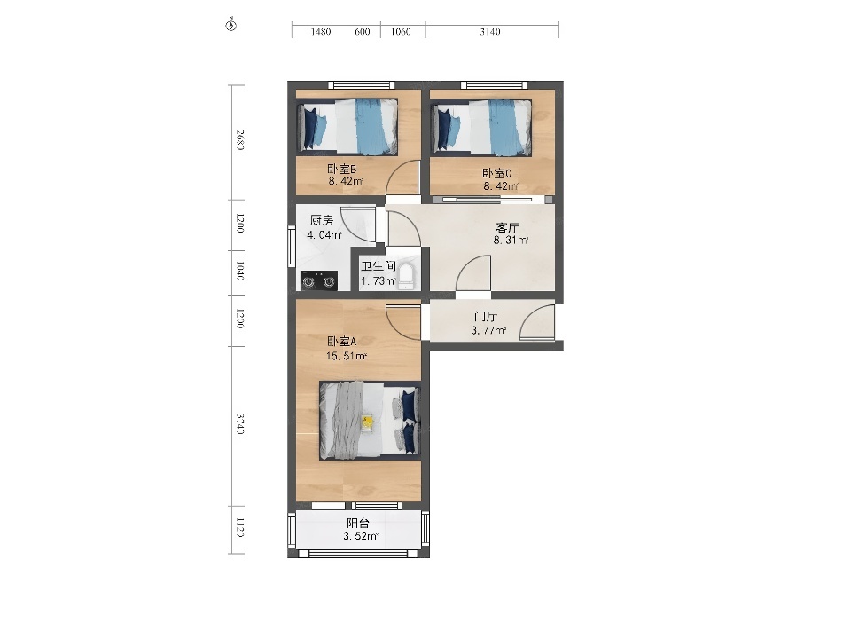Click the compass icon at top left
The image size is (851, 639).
click(230, 25)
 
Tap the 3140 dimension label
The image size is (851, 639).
click(490, 32)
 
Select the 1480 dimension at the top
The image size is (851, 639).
click(321, 32)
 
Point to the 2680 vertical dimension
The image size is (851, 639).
click(240, 139)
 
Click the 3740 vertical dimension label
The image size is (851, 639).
click(240, 424)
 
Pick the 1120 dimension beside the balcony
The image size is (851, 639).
click(240, 527)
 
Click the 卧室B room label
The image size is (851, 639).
click(342, 169)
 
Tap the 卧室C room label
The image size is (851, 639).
click(497, 174)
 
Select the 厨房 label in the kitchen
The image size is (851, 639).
click(321, 221)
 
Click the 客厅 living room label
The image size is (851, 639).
click(507, 228)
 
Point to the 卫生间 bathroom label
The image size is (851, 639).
click(379, 267)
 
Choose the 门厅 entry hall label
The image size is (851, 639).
click(486, 316)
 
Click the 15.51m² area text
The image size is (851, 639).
click(347, 357)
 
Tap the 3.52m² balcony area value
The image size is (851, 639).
click(361, 536)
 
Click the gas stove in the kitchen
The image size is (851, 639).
click(318, 280)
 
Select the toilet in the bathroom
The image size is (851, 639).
click(406, 275)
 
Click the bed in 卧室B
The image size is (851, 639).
click(347, 127)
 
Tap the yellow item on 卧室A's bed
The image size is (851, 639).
click(367, 422)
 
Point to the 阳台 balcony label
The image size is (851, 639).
click(358, 524)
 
